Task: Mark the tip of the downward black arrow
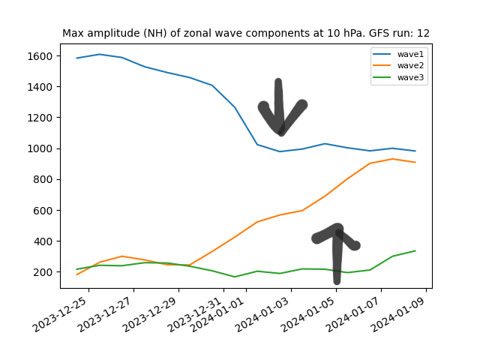280,132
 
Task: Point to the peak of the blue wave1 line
100,54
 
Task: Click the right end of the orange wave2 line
415,162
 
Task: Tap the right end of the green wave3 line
415,250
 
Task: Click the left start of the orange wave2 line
77,274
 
